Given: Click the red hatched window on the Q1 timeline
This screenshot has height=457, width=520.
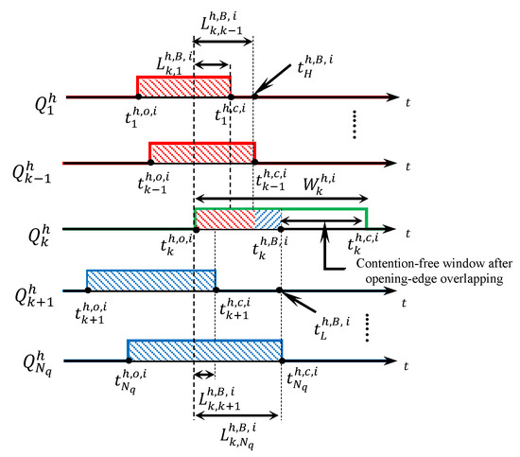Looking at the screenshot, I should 184,87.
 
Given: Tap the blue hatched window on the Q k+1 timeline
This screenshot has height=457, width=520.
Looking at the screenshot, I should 151,280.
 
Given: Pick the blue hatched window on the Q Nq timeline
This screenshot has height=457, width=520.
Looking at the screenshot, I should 205,349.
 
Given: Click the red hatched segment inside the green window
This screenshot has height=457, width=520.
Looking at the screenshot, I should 224,219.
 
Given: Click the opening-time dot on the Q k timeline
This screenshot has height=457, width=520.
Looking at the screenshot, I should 195,229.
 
